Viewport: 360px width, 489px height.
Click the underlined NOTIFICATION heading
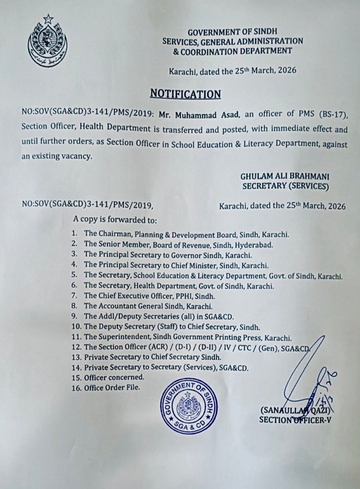click(185, 94)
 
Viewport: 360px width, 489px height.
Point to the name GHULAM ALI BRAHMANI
click(284, 177)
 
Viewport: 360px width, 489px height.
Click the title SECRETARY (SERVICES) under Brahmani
click(285, 186)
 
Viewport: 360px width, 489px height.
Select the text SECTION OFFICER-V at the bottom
click(292, 420)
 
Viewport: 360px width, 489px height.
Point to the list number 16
click(77, 388)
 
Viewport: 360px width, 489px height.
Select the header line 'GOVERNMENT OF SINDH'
click(232, 32)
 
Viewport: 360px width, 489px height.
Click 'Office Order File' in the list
click(112, 388)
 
